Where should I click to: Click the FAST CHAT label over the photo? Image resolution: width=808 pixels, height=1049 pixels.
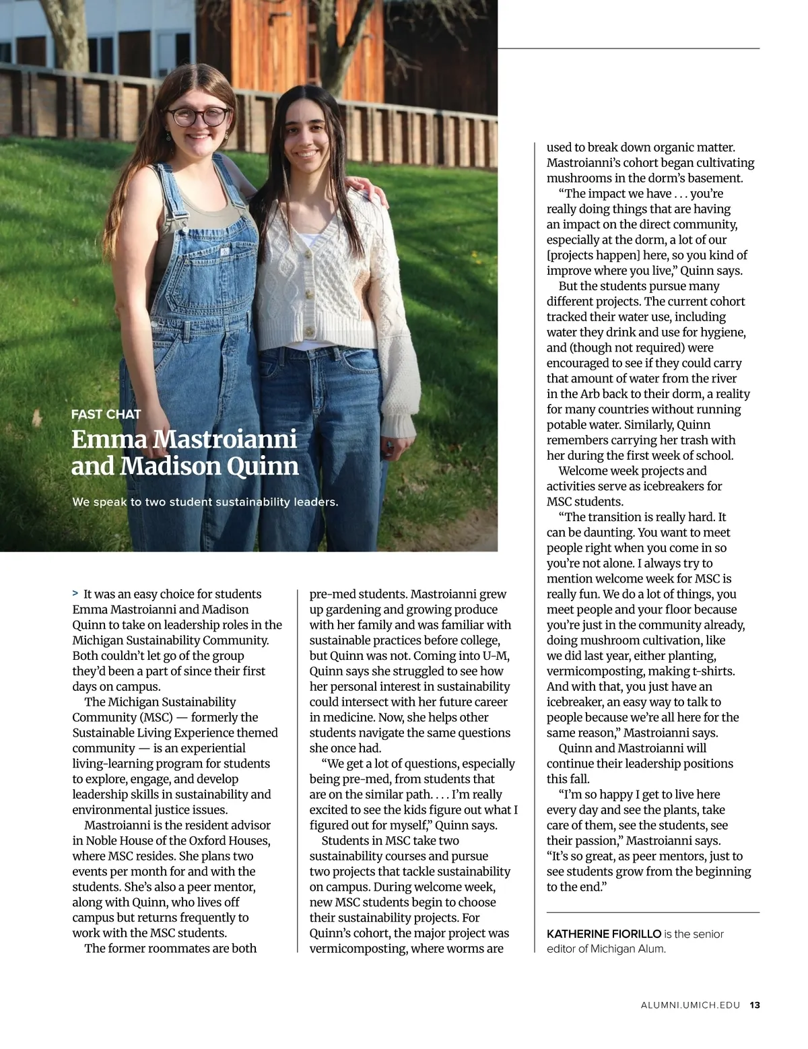click(x=106, y=414)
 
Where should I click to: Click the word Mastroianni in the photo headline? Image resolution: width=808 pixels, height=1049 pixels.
click(x=225, y=439)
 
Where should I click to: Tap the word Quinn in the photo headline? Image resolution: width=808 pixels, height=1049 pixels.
click(x=263, y=466)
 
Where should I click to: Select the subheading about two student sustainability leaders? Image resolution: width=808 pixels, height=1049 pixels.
click(x=205, y=502)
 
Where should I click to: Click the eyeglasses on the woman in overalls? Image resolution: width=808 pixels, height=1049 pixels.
click(x=198, y=116)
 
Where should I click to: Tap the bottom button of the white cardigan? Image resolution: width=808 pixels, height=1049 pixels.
click(x=310, y=331)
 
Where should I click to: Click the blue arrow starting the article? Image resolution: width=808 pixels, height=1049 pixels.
click(x=75, y=594)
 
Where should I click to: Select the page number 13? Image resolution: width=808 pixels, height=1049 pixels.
click(x=755, y=1005)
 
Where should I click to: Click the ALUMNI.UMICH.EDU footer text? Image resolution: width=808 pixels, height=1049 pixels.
click(x=690, y=1005)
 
